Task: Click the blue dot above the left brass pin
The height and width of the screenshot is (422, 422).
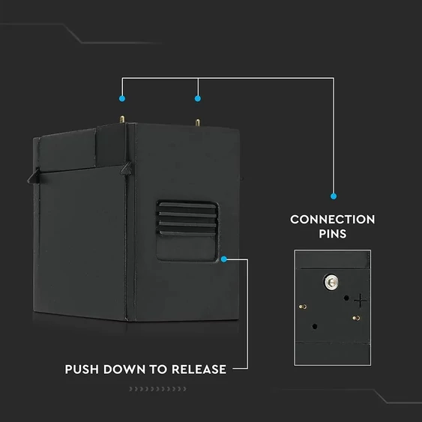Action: [x=122, y=98]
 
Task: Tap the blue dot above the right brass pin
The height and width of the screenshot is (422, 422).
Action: [x=198, y=98]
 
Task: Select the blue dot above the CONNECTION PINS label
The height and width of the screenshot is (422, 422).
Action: [x=334, y=196]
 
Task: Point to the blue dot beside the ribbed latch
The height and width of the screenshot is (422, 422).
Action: [x=223, y=259]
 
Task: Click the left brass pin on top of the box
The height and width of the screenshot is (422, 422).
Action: [x=122, y=119]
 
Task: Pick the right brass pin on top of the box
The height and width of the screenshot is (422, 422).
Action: [x=198, y=122]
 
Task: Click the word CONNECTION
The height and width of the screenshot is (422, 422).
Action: [x=332, y=220]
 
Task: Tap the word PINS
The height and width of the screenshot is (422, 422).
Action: [x=333, y=234]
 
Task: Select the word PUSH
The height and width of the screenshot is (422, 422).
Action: [x=82, y=370]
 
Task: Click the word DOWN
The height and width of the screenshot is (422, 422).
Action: [x=124, y=370]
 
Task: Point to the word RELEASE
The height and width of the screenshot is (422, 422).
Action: [x=199, y=370]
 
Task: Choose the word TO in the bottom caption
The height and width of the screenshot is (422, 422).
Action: [x=158, y=370]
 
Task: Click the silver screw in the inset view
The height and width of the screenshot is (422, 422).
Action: [x=331, y=282]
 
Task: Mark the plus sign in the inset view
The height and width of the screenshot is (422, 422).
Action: [x=360, y=301]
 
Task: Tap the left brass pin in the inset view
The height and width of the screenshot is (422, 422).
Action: [x=303, y=307]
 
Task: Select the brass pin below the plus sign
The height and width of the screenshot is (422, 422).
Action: [x=356, y=318]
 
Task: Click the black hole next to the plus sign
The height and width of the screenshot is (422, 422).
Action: [x=346, y=298]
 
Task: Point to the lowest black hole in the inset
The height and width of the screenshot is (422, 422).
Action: [x=315, y=327]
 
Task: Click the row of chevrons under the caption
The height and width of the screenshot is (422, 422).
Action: [x=157, y=389]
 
